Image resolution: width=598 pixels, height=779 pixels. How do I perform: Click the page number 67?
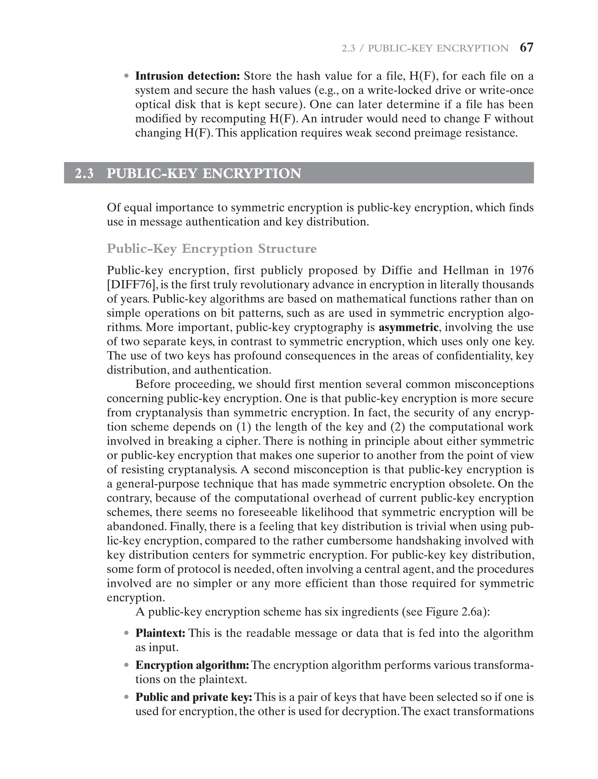tap(526, 48)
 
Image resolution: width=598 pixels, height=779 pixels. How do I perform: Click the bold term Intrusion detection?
tap(187, 76)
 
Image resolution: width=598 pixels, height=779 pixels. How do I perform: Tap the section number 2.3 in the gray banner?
tap(84, 174)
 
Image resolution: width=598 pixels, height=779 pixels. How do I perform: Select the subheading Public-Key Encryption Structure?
tap(211, 249)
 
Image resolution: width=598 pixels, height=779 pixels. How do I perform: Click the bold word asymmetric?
tap(408, 327)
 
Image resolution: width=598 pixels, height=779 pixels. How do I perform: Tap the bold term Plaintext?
tap(160, 633)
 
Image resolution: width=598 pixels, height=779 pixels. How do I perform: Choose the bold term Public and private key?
tap(194, 697)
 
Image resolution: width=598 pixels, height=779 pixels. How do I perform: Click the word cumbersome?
tap(359, 541)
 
